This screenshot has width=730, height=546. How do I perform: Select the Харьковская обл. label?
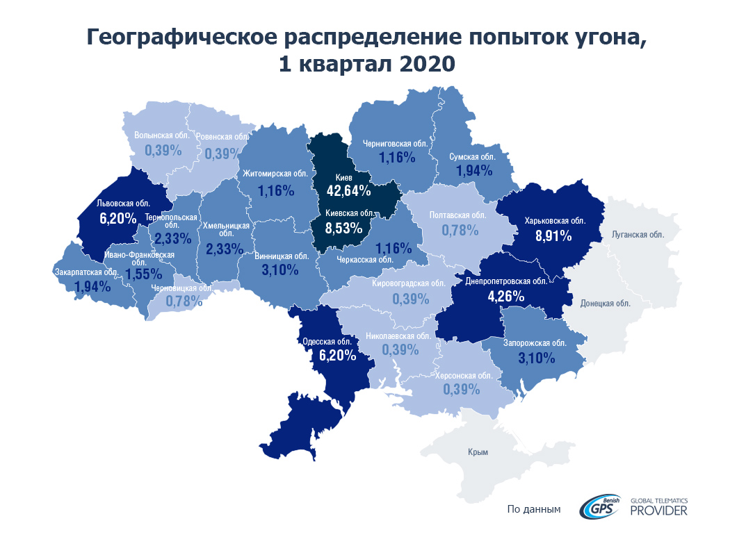pyautogui.click(x=555, y=221)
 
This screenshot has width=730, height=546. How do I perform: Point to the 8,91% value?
pyautogui.click(x=553, y=235)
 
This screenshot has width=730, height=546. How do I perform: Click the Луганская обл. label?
pyautogui.click(x=638, y=235)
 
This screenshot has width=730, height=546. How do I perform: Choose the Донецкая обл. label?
pyautogui.click(x=605, y=304)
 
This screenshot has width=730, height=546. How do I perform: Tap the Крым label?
pyautogui.click(x=478, y=452)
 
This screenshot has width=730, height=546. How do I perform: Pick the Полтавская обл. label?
pyautogui.click(x=458, y=215)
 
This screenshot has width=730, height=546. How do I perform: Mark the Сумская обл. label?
pyautogui.click(x=472, y=157)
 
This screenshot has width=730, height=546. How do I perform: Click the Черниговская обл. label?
pyautogui.click(x=396, y=144)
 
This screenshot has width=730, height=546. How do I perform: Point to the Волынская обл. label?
pyautogui.click(x=162, y=135)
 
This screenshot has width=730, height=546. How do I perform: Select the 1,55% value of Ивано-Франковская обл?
pyautogui.click(x=143, y=274)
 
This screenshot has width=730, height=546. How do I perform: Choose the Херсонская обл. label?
pyautogui.click(x=464, y=375)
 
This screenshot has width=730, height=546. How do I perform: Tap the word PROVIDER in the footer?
pyautogui.click(x=658, y=511)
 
